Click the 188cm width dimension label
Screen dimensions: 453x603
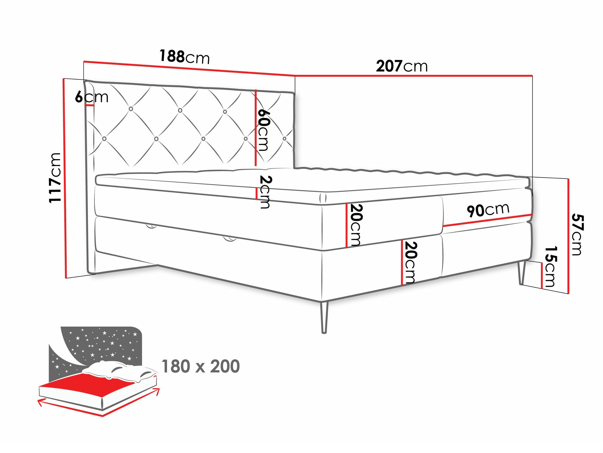[x=184, y=56]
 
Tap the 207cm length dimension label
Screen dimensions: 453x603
[x=402, y=66]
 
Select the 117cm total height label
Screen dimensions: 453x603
[x=55, y=178]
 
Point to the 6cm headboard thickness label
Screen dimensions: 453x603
[x=92, y=97]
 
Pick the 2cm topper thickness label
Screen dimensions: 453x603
[x=265, y=192]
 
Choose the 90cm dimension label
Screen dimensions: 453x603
[x=488, y=210]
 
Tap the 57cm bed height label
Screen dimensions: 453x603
[x=577, y=234]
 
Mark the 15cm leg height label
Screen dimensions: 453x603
[x=550, y=266]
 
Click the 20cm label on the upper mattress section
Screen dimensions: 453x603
[x=356, y=225]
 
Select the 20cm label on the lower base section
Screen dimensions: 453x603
[x=410, y=262]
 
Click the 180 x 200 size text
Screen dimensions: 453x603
[x=200, y=366]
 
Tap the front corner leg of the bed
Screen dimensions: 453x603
[x=324, y=317]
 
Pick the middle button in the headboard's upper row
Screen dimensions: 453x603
[x=180, y=111]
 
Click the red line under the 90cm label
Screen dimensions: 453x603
[x=487, y=220]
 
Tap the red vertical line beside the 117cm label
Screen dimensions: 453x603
[x=65, y=178]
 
